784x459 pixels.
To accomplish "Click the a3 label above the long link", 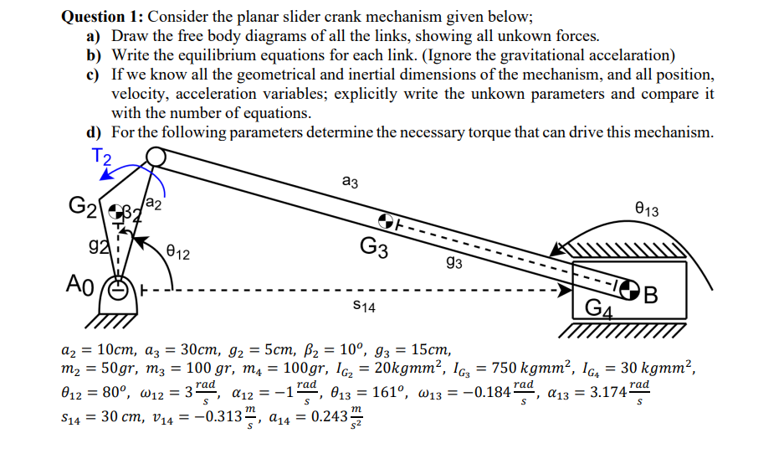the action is coord(351,178).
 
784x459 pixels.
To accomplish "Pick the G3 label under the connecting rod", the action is coord(373,248).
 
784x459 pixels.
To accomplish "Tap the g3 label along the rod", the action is coord(455,263).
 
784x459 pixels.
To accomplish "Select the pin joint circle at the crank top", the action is coord(155,157).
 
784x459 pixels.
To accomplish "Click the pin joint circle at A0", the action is coord(119,292).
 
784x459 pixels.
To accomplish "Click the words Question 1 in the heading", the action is coord(103,14).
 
